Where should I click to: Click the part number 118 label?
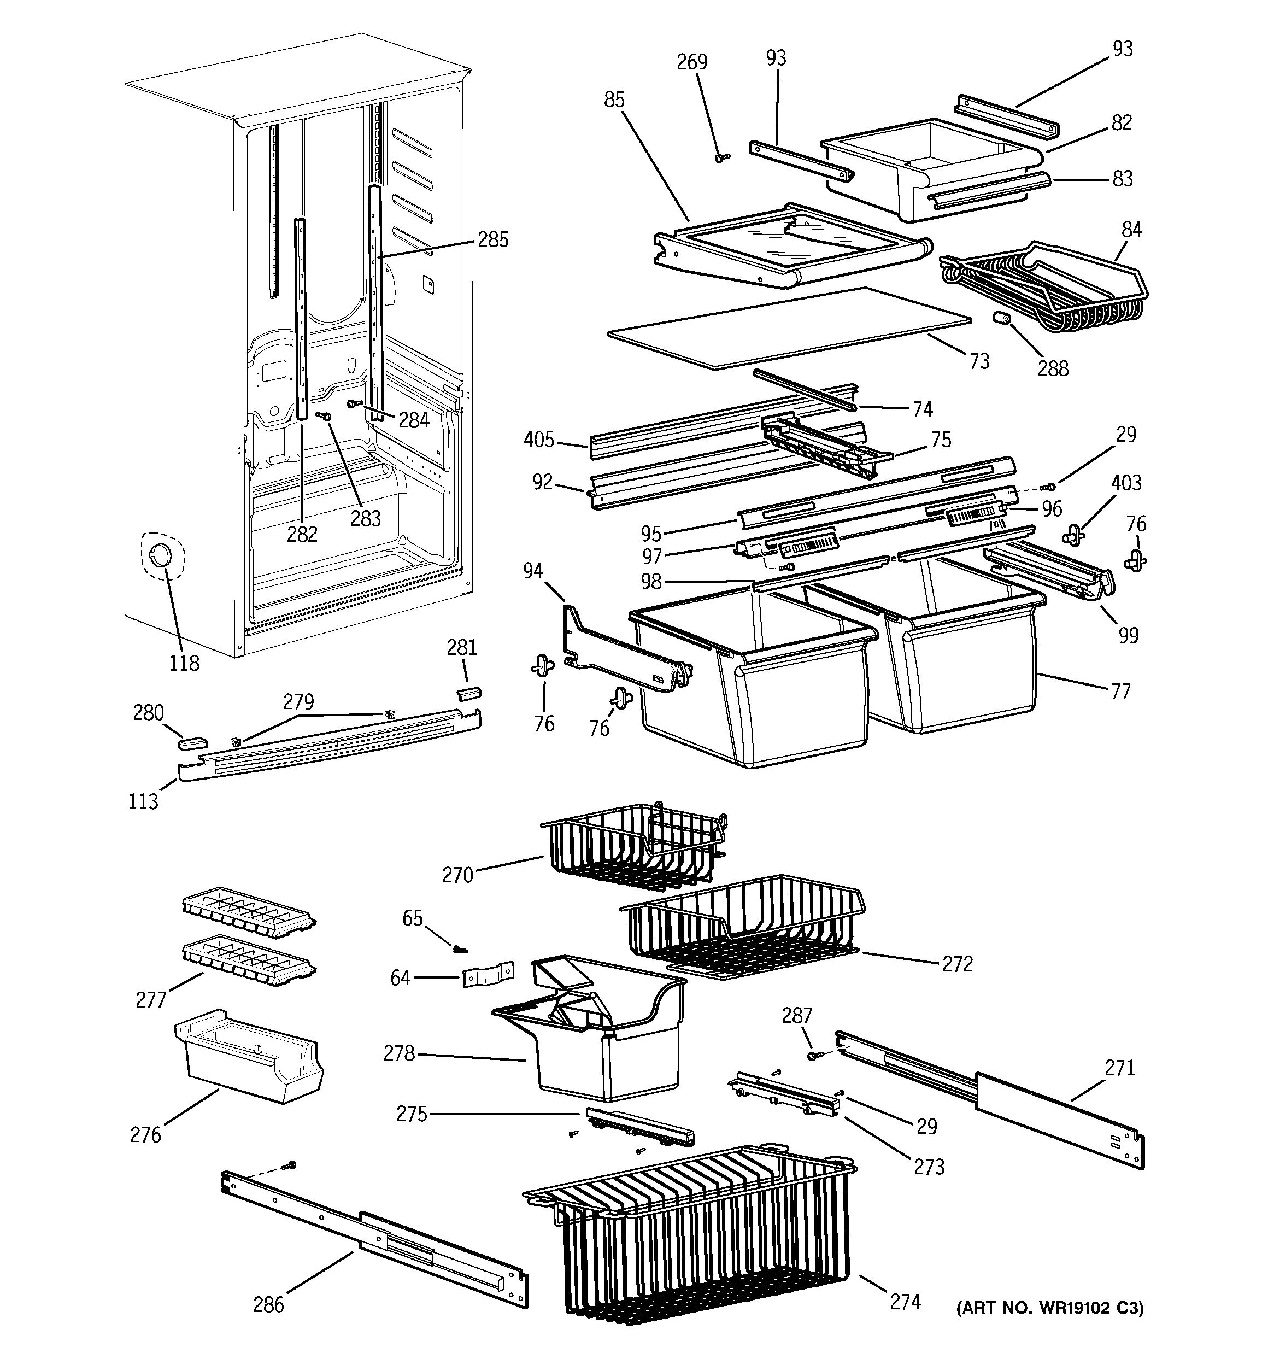pyautogui.click(x=184, y=663)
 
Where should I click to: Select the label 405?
pyautogui.click(x=539, y=440)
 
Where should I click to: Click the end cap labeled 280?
pyautogui.click(x=191, y=741)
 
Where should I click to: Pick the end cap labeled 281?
pyautogui.click(x=468, y=692)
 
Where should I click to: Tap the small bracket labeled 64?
pyautogui.click(x=488, y=975)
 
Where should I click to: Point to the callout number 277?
pyautogui.click(x=150, y=1000)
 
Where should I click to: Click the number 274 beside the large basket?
pyautogui.click(x=905, y=1302)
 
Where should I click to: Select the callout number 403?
pyautogui.click(x=1126, y=483)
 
